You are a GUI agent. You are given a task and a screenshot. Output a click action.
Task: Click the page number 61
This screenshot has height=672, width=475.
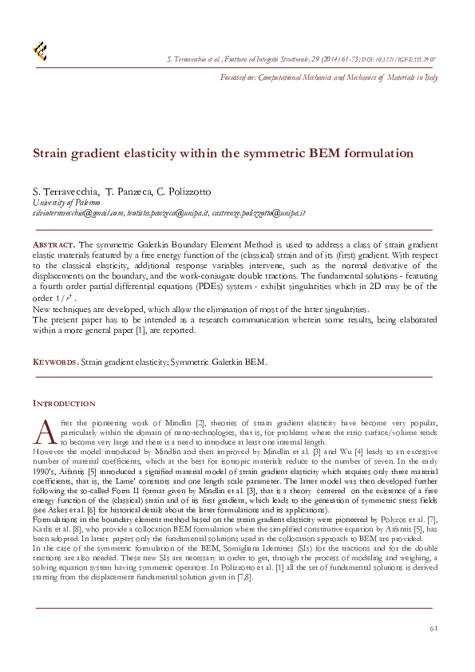click(x=433, y=628)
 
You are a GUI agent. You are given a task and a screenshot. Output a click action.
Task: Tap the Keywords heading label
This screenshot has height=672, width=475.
click(x=54, y=362)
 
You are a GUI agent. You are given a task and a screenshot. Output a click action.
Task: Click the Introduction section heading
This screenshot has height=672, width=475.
click(x=63, y=403)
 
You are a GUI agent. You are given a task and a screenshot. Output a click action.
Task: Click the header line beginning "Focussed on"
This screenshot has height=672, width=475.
click(x=328, y=77)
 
